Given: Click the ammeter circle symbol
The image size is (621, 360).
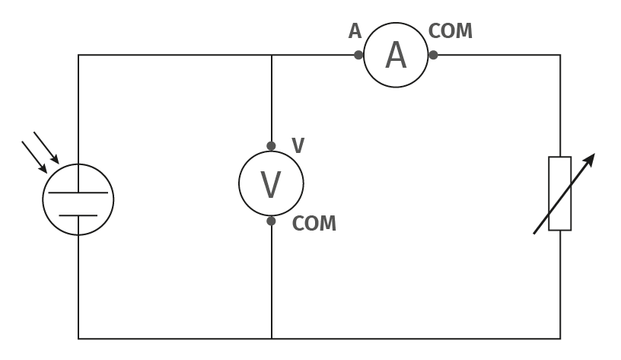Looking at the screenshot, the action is click(396, 23).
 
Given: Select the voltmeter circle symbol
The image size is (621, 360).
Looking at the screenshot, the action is click(271, 151).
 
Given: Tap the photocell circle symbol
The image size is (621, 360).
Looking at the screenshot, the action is click(78, 164).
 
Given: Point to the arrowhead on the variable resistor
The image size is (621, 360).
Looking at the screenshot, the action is click(589, 160).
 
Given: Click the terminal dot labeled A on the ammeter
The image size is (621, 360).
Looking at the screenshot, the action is click(358, 55).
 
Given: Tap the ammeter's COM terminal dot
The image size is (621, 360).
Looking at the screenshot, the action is click(433, 55).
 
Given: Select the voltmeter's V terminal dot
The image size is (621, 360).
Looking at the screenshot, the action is click(271, 146).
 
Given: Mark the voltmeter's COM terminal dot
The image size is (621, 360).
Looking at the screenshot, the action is click(271, 221).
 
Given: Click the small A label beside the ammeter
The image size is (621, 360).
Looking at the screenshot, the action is click(355, 31).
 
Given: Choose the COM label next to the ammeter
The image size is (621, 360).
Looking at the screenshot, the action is click(451, 31).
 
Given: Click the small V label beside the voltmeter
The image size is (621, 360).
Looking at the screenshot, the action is click(298, 145).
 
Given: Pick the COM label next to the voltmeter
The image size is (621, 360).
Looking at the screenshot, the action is click(314, 223).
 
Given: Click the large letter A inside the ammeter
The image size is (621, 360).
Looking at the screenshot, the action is click(396, 56).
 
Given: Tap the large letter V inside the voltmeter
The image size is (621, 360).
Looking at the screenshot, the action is click(271, 184).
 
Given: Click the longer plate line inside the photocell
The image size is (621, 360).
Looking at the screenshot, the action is click(78, 193).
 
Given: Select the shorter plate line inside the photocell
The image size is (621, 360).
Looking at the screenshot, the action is click(78, 215).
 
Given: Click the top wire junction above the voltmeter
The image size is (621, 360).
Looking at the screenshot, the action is click(272, 55).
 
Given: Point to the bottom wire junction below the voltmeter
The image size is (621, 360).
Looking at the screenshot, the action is click(272, 339).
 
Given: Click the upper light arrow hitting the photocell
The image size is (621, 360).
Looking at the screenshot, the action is click(46, 148).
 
